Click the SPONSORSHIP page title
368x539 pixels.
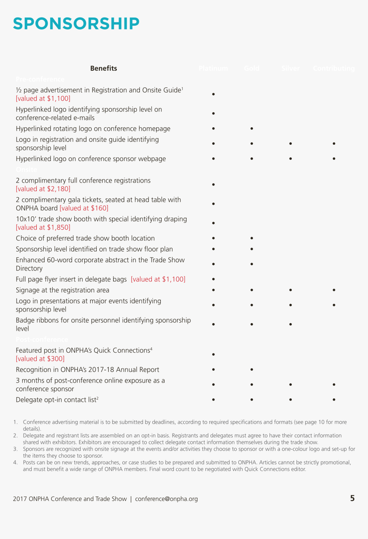pos(76,24)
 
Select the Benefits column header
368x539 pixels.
pos(104,68)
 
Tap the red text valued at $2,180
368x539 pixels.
pos(43,189)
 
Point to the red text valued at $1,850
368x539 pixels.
pos(43,228)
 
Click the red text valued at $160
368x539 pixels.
pos(84,208)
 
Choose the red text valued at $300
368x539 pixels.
pos(40,359)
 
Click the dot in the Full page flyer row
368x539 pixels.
pos(213,279)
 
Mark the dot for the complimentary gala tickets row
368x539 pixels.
pos(213,204)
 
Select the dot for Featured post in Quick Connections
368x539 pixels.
pos(213,355)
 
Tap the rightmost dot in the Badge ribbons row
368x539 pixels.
pos(290,324)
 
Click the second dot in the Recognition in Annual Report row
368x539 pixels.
pos(252,369)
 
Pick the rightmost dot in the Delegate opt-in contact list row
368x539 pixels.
pos(333,400)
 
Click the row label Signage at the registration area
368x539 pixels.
pos(62,290)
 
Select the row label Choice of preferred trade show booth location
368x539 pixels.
pos(85,238)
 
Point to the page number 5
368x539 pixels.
pos(352,498)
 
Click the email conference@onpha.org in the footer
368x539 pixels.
pos(166,499)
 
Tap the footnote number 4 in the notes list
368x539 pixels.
pos(15,462)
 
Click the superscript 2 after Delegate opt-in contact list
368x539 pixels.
pos(98,398)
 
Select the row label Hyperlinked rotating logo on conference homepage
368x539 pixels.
pos(93,129)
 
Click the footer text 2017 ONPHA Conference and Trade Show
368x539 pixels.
pos(70,499)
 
